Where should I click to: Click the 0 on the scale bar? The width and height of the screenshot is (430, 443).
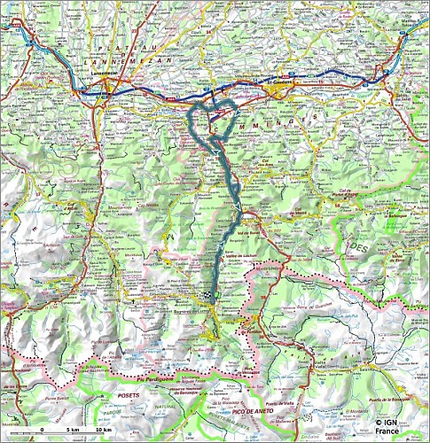click(42, 431)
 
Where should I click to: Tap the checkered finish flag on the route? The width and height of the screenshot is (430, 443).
click(209, 295)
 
